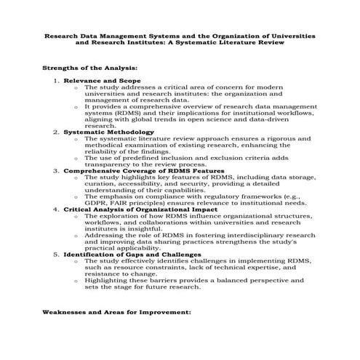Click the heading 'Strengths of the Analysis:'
click(84, 67)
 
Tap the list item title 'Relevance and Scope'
click(102, 79)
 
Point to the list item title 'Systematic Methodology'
click(106, 132)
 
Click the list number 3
click(57, 170)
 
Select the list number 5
click(57, 255)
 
